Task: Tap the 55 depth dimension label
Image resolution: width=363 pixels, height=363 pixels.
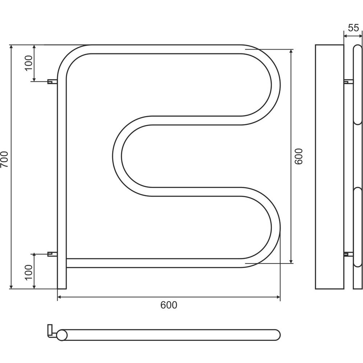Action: click(353, 28)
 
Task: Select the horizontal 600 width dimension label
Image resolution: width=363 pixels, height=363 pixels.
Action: click(169, 305)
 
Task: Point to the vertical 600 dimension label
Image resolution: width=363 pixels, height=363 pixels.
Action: click(299, 156)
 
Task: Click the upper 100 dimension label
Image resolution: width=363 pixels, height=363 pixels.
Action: click(29, 63)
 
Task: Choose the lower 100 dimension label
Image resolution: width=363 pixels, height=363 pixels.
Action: click(29, 272)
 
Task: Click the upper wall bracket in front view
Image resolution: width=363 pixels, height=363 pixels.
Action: click(52, 81)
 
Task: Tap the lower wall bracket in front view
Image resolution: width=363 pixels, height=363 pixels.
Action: click(52, 254)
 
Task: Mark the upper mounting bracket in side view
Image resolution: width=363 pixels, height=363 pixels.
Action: click(348, 81)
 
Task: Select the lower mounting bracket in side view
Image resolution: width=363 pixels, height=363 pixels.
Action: click(348, 254)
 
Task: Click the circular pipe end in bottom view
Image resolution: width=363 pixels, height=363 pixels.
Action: click(62, 335)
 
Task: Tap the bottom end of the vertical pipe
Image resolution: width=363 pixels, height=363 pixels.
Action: click(62, 289)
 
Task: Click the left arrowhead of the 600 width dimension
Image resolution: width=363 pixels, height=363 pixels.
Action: click(60, 297)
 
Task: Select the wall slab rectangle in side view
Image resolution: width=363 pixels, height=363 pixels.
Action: click(330, 167)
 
